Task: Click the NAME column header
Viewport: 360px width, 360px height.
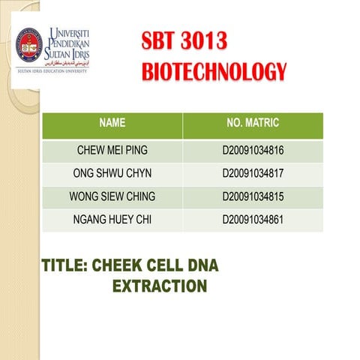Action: [112, 121]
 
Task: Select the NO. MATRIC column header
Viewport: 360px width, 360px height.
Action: [253, 121]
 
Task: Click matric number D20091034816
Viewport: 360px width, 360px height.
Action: [253, 150]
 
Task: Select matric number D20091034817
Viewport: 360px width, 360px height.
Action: [253, 173]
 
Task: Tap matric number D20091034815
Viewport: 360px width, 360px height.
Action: [253, 196]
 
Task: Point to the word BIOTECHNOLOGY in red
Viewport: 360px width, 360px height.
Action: [214, 73]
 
